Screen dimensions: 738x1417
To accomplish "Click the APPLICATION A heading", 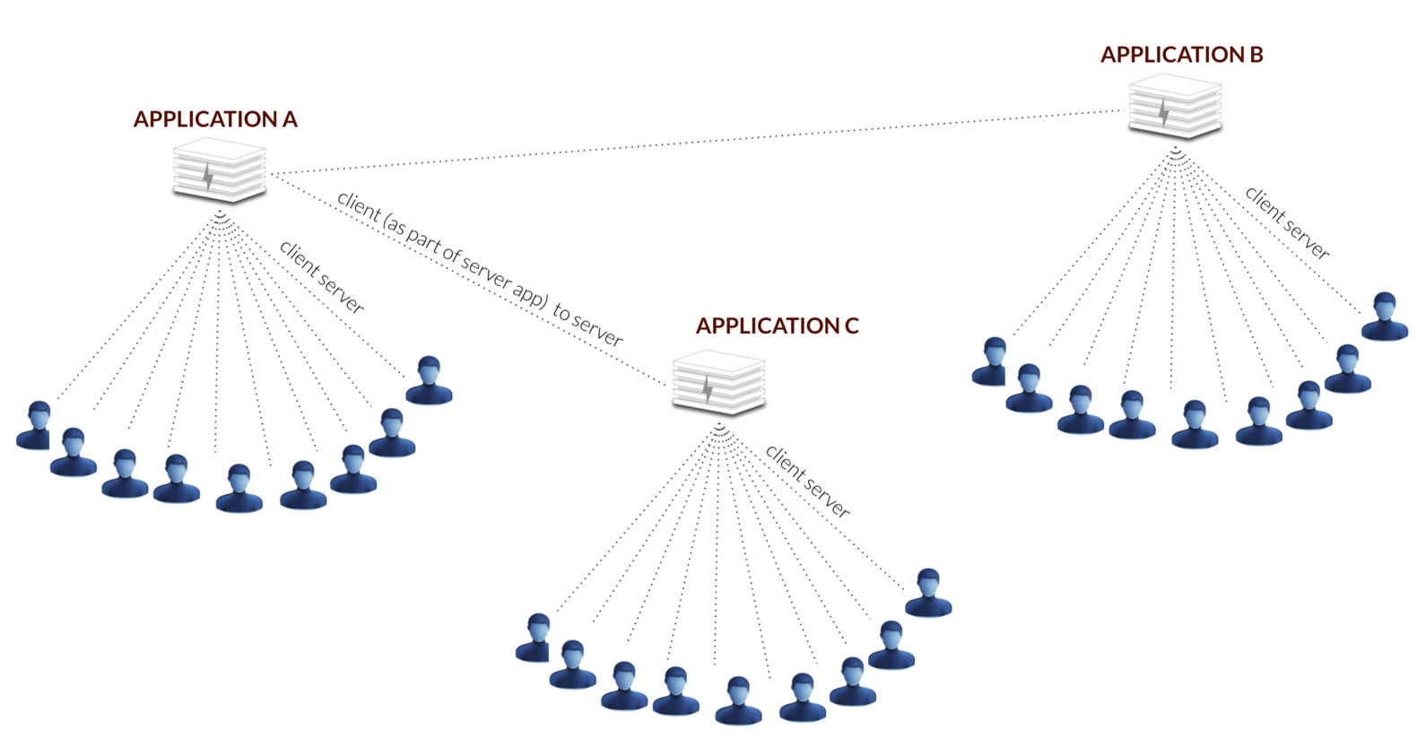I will (215, 119).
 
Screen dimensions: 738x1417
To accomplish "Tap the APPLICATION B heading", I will (1181, 55).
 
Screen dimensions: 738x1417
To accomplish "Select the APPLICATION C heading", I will (777, 326).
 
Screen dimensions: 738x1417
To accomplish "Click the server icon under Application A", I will (219, 171).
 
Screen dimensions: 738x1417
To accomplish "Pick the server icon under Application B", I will (1175, 107).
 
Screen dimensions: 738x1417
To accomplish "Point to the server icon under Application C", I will (718, 383).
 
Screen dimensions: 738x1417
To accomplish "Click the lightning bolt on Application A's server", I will (208, 177).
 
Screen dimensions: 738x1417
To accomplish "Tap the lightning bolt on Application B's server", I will (1163, 113).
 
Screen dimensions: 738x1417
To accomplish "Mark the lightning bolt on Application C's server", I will (708, 389).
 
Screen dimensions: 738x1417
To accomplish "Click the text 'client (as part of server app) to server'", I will (480, 268).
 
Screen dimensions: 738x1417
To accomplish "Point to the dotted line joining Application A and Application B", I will (700, 142).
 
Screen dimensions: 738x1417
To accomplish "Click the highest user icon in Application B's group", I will (1384, 317).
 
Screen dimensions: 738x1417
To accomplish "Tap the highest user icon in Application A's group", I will (429, 381).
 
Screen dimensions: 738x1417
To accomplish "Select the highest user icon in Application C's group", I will (927, 594).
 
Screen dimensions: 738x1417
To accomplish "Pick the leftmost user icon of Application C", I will (535, 638).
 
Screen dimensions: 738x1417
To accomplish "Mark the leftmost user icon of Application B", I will (991, 361).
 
